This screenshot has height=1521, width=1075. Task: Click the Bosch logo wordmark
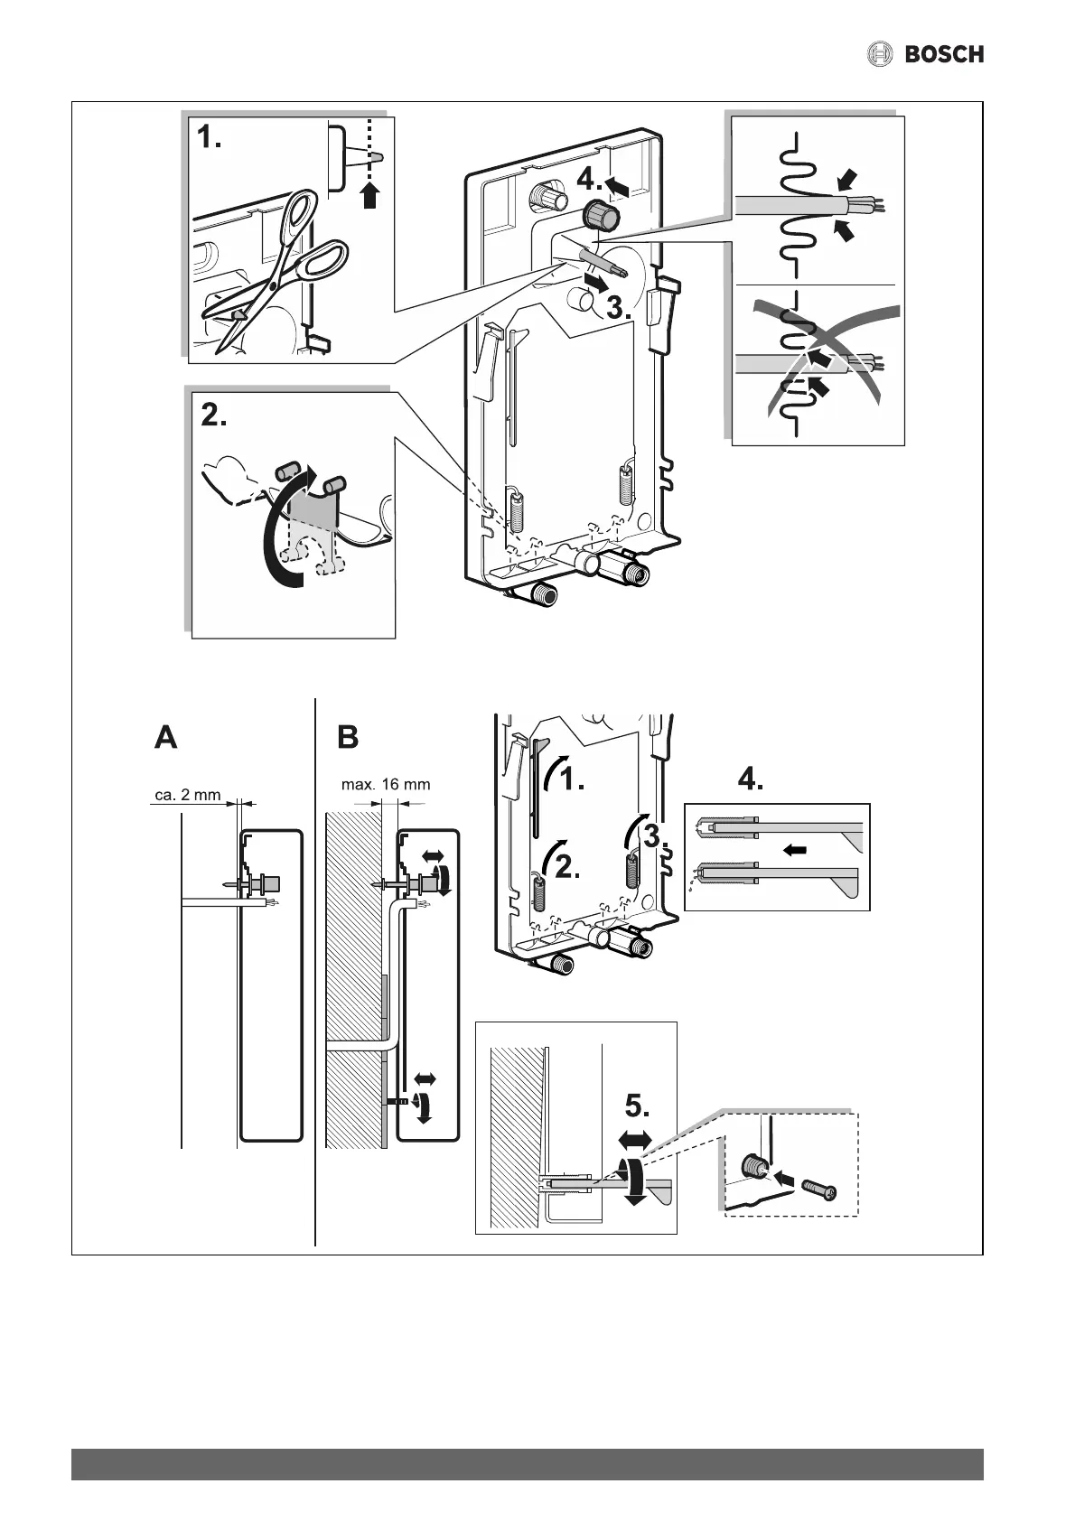[x=943, y=54]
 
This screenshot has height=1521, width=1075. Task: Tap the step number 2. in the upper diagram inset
[x=214, y=417]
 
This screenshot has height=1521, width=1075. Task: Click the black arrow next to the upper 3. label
[x=594, y=284]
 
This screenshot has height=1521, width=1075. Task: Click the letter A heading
[x=166, y=738]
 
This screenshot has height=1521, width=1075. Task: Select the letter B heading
[x=348, y=738]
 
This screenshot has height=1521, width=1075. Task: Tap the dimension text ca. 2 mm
[x=188, y=796]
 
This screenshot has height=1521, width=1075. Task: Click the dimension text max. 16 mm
[x=385, y=784]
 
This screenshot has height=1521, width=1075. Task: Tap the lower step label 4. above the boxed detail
[x=750, y=779]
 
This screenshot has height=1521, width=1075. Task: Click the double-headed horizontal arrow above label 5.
[x=636, y=1141]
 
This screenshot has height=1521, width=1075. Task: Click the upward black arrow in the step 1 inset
[x=369, y=194]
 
